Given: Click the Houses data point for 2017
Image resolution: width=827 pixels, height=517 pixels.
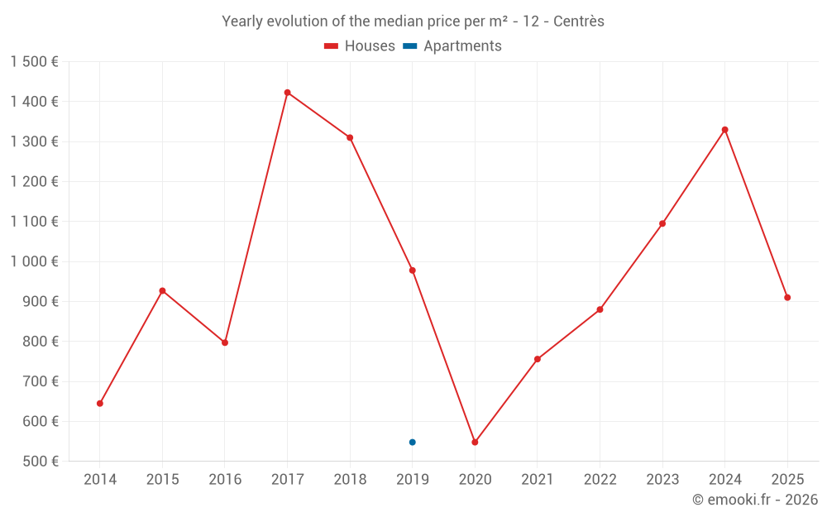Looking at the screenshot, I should point(287,93).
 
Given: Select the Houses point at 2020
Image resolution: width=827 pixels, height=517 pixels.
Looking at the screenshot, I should point(475,443).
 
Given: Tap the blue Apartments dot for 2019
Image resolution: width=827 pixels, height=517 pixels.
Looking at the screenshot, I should point(412,443).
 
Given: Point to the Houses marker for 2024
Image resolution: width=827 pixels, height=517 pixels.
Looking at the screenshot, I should point(724,130).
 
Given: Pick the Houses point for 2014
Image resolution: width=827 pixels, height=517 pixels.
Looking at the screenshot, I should point(100,404).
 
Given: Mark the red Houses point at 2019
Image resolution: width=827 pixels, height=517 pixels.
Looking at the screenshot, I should point(412,270).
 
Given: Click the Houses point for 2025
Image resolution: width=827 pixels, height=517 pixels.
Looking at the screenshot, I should point(787,298).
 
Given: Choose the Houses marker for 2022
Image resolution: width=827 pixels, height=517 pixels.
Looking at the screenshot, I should point(600,309).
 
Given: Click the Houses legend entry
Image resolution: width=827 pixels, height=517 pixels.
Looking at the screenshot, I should point(360,46).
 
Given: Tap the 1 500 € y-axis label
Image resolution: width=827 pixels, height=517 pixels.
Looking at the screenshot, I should point(34,62).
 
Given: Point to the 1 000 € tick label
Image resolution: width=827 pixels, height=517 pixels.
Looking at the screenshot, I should point(34,261).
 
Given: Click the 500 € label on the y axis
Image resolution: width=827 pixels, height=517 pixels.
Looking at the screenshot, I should point(40,462).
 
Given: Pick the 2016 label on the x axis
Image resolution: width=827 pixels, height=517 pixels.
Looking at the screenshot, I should point(225,480).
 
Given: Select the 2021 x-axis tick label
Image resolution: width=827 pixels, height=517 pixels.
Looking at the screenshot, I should point(538,480).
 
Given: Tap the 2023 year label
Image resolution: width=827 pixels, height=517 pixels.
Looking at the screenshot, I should point(662,480).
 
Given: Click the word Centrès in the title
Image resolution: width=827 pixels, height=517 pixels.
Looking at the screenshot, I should point(579,22).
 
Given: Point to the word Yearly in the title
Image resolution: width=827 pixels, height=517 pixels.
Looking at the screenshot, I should point(242,22).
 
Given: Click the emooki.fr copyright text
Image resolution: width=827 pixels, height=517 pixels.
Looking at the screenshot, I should point(755,500).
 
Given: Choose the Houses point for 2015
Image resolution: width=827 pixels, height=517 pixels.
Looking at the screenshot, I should point(162,290).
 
